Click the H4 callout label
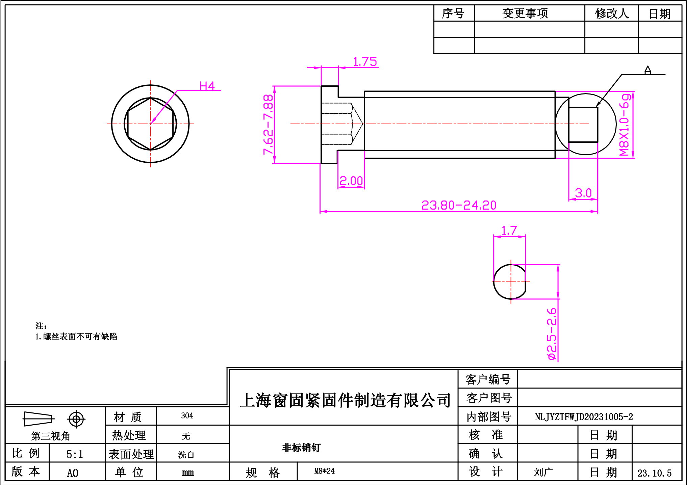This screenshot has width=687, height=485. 207,86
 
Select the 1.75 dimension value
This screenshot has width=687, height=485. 365,62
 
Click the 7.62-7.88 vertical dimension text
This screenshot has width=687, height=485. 269,125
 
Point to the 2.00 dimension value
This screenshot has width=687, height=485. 351,181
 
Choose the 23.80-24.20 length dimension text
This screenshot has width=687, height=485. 459,205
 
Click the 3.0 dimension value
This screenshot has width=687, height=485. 583,193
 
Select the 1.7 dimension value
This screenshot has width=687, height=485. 509,231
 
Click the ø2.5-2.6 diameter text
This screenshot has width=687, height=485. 552,334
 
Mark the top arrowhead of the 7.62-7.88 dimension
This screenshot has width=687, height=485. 275,89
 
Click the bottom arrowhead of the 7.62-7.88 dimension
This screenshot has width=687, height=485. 275,160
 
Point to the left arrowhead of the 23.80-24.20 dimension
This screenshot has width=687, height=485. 324,212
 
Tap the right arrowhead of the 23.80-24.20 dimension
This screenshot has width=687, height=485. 594,212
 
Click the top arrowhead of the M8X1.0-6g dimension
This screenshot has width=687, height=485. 633,95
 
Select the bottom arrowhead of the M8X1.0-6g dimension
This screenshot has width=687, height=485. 633,155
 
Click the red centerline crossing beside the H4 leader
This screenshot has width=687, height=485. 150,124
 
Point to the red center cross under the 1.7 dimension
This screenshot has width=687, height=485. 511,281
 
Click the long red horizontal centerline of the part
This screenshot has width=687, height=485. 439,124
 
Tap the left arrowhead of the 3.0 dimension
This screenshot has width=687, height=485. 572,199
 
